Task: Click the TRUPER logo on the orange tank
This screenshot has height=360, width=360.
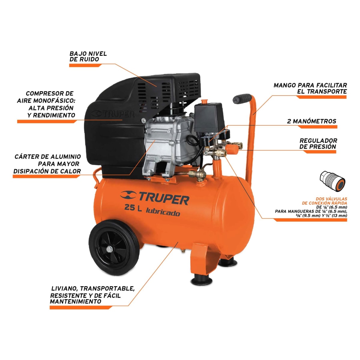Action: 155,198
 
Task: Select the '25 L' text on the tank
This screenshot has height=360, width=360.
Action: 133,208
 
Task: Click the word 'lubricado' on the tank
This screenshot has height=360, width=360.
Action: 163,212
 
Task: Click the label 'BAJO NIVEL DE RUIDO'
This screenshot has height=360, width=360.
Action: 88,56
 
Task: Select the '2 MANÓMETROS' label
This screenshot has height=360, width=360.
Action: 311,121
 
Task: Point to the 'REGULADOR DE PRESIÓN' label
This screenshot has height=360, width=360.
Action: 318,143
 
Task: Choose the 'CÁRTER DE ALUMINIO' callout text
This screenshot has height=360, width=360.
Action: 48,157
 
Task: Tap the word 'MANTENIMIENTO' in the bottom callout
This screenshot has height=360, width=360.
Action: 76,301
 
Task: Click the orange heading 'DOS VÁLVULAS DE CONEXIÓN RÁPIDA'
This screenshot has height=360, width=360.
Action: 328,201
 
